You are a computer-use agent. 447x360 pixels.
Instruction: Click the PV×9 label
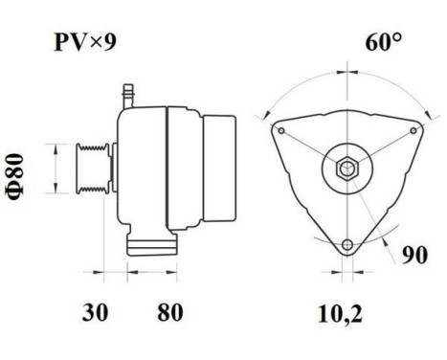point(84,43)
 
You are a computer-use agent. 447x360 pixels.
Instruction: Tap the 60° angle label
point(382,43)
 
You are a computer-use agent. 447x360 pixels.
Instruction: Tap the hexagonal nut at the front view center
point(346,171)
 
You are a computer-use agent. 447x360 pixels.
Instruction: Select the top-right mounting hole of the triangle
point(413,129)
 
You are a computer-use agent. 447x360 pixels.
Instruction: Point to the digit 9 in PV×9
point(111,43)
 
